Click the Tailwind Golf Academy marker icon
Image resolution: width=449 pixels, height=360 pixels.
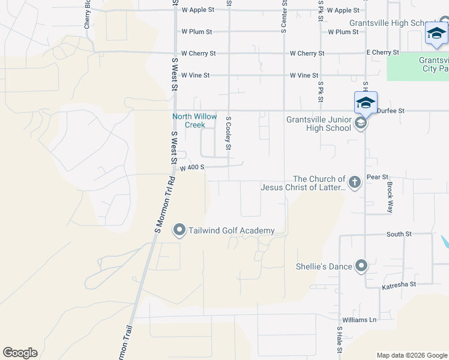point(179,230)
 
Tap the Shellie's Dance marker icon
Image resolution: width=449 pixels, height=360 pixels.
point(361,266)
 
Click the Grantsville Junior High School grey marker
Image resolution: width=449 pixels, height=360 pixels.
point(361,124)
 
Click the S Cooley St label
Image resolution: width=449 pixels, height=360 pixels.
point(229,133)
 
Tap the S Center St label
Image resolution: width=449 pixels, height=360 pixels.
point(283,16)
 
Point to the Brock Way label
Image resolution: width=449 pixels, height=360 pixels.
point(390,197)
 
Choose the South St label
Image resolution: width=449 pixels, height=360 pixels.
point(399,234)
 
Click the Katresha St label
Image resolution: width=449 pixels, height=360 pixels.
point(399,288)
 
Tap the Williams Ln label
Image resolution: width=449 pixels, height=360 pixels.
point(359,320)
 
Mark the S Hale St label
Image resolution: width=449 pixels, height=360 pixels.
point(340,340)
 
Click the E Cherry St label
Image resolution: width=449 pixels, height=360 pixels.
point(383,53)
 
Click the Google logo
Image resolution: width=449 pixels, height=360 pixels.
point(20,353)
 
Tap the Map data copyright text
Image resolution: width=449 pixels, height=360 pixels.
point(411,355)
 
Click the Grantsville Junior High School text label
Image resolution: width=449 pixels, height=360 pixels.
point(318,123)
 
